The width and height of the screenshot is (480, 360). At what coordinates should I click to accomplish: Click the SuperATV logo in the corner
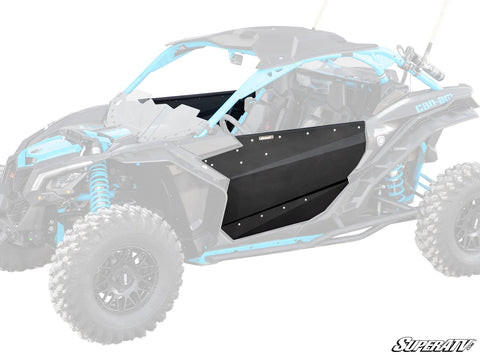(x=435, y=346)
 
